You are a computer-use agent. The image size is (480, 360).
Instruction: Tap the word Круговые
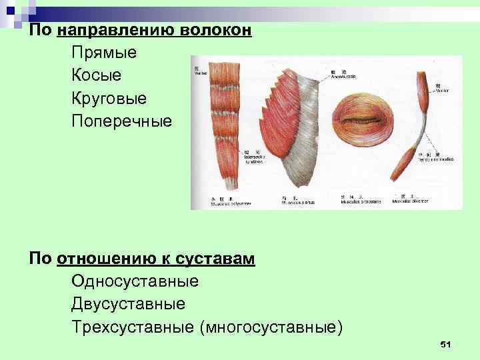[x=109, y=99]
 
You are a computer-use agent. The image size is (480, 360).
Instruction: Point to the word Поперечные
[x=121, y=122]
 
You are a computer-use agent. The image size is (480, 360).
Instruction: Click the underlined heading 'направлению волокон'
[x=154, y=29]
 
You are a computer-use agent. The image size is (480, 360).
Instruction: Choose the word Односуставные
[x=135, y=281]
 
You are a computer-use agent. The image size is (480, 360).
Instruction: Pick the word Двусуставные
[x=128, y=305]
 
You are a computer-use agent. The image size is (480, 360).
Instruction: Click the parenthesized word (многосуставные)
[x=276, y=328]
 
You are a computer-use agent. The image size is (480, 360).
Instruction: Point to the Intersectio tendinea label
[x=257, y=159]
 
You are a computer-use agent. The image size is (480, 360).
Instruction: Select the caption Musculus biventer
[x=411, y=201]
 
